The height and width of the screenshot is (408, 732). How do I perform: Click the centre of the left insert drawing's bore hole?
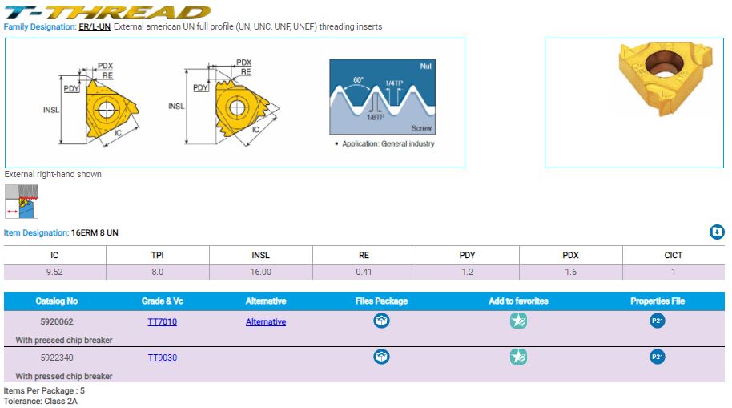106,111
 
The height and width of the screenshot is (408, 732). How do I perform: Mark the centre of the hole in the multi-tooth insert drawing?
237,107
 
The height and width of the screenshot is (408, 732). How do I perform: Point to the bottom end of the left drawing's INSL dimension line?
61,143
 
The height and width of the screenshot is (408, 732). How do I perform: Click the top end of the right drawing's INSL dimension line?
187,69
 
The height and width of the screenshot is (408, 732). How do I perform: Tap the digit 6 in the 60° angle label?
356,80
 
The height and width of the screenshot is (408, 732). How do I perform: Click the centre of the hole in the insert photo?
664,63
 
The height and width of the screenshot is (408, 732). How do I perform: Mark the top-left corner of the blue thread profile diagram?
330,59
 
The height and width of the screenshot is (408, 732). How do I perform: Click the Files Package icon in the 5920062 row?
381,321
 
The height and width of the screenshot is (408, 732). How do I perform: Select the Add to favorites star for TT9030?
518,357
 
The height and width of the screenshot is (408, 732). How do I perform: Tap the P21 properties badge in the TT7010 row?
658,321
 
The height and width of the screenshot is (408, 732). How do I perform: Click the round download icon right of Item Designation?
717,232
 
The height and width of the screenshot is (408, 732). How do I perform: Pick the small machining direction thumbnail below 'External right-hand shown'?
22,201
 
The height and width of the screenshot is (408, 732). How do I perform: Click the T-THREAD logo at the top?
107,12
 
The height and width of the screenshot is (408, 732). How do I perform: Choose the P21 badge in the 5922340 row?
658,357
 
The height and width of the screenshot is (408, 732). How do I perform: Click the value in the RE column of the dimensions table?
364,272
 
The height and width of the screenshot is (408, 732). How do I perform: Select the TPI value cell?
157,272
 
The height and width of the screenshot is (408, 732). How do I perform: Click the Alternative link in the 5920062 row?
266,321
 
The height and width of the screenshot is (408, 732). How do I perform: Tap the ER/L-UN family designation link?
95,26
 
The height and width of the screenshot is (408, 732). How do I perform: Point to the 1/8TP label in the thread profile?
376,117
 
